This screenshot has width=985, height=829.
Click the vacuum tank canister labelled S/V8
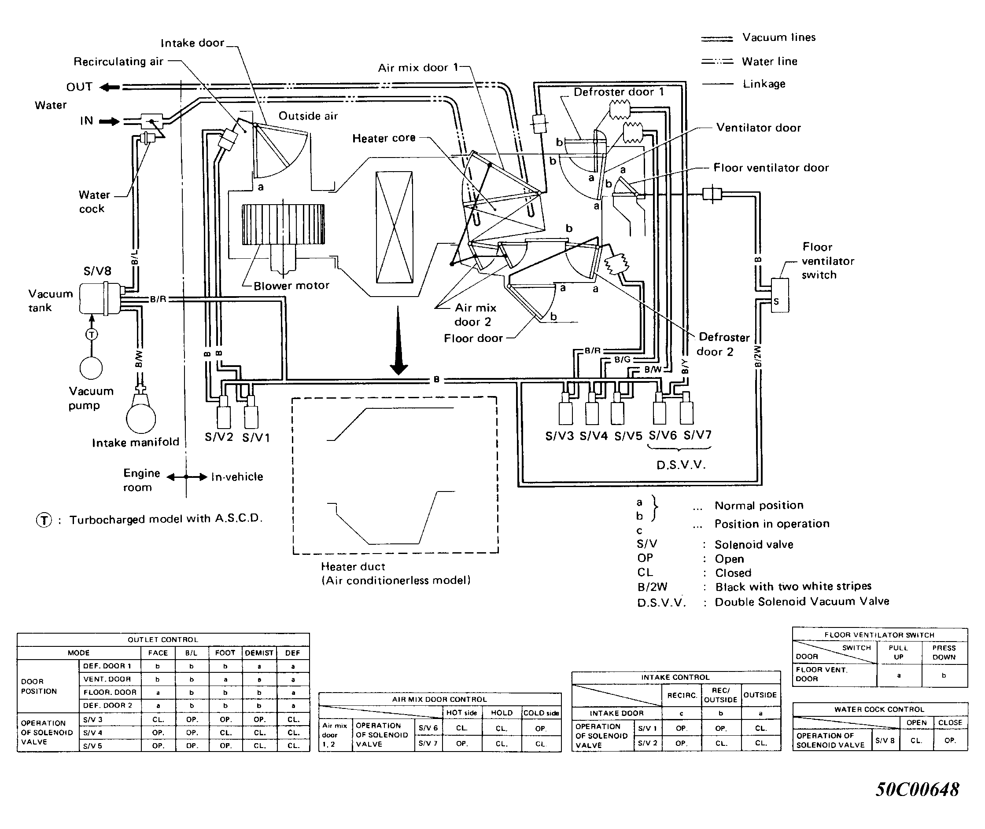[x=100, y=298]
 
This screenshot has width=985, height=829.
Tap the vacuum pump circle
[x=91, y=368]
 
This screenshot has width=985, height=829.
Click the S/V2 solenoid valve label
[x=219, y=437]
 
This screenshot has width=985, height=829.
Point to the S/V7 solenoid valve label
[x=697, y=435]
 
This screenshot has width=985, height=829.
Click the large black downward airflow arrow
[x=398, y=341]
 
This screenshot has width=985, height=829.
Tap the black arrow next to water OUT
[x=110, y=87]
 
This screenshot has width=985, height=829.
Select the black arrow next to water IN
[x=110, y=121]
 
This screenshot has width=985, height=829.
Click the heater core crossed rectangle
[x=395, y=227]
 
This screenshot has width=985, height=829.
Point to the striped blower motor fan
[x=283, y=225]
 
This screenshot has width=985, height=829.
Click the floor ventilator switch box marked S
[x=780, y=295]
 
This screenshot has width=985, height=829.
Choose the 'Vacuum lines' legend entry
[x=758, y=37]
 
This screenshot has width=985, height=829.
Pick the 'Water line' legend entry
[x=749, y=61]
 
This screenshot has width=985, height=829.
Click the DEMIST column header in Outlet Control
[x=259, y=653]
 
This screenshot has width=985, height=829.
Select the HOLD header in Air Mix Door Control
[x=502, y=713]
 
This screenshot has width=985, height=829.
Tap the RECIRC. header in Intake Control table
[x=682, y=695]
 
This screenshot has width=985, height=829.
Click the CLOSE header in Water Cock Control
[x=950, y=723]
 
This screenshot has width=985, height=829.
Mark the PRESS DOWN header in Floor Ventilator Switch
[x=944, y=652]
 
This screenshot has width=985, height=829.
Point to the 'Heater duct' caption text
[x=353, y=567]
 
